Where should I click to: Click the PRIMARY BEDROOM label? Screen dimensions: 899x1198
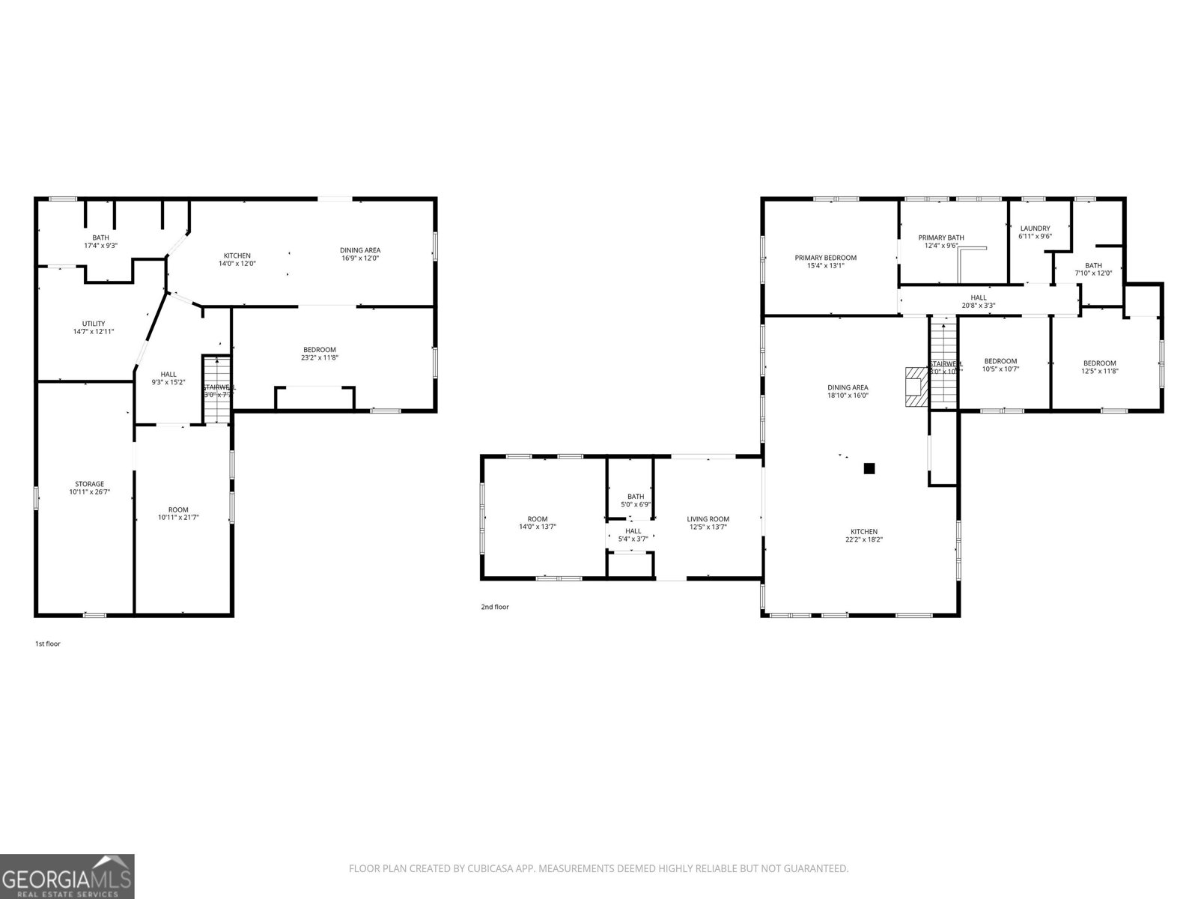825,258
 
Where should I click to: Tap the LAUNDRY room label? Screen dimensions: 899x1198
1035,228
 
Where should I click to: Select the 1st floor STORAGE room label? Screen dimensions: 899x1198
89,484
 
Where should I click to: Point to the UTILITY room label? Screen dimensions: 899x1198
94,324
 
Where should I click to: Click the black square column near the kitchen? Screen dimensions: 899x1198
869,468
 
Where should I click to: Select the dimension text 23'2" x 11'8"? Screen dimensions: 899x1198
320,357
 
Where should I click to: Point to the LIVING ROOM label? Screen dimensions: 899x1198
708,519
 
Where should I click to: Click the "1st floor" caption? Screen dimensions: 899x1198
48,644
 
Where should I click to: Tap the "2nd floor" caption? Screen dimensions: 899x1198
494,607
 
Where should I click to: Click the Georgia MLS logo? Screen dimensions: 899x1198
67,877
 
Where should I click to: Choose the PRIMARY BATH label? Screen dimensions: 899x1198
940,237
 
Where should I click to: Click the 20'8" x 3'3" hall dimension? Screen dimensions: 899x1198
978,305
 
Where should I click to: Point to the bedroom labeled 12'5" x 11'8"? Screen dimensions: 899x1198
1099,363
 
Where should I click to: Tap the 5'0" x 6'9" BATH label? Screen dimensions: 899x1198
635,497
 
